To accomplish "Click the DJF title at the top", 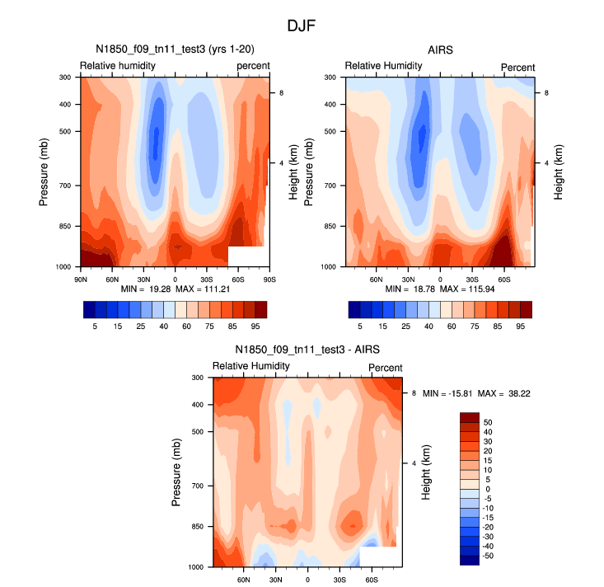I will [x=302, y=26].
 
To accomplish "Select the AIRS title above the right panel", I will [x=440, y=50].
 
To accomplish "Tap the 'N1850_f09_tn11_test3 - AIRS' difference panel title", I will [x=308, y=350].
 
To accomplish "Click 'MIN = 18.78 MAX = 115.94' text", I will [x=440, y=290].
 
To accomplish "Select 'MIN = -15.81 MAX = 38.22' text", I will [x=475, y=394].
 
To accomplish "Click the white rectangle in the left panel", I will [x=247, y=256].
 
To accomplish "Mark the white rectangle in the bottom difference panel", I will [x=378, y=556].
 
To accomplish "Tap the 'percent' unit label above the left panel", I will [x=253, y=66].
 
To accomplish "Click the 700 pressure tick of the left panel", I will [x=65, y=186].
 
